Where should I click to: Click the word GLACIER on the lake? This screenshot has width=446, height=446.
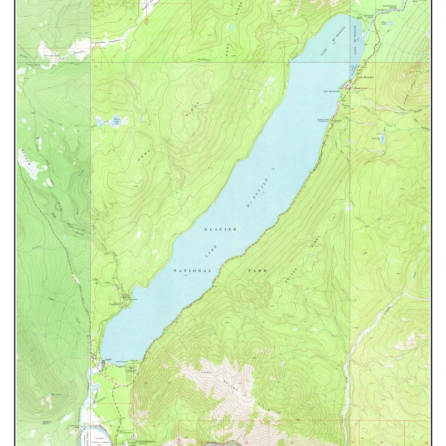pyautogui.click(x=221, y=229)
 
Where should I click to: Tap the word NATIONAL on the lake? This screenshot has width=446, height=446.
pyautogui.click(x=192, y=271)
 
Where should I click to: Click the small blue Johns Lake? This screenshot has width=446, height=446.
pyautogui.click(x=389, y=23)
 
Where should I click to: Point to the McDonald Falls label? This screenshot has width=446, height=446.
pyautogui.click(x=369, y=16)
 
